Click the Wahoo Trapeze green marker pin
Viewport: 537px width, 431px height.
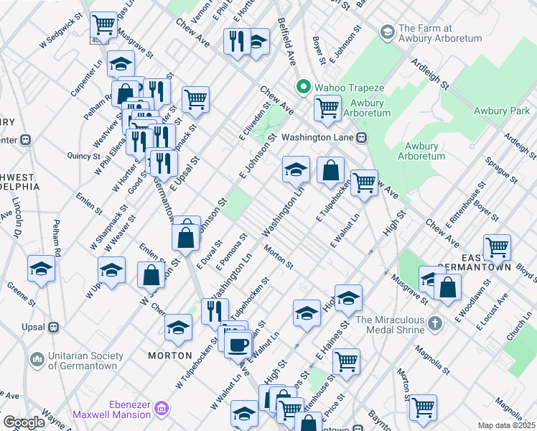tap(304, 88)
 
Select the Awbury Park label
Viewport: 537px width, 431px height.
tap(501, 111)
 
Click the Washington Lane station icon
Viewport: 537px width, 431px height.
tap(362, 137)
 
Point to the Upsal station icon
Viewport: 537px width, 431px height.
tap(53, 327)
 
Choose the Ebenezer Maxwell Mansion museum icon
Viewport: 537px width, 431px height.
tap(162, 409)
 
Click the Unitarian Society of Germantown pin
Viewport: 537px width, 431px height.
tap(37, 358)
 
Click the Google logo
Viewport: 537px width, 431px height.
tap(24, 422)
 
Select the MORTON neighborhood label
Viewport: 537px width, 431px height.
tap(169, 356)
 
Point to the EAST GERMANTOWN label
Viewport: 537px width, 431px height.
tap(486, 261)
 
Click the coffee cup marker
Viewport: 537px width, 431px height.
tap(237, 344)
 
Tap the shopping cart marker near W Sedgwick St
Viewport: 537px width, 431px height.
tap(104, 25)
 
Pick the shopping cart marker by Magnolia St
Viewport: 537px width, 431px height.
tap(423, 407)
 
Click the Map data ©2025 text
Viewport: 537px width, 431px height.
tap(507, 425)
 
